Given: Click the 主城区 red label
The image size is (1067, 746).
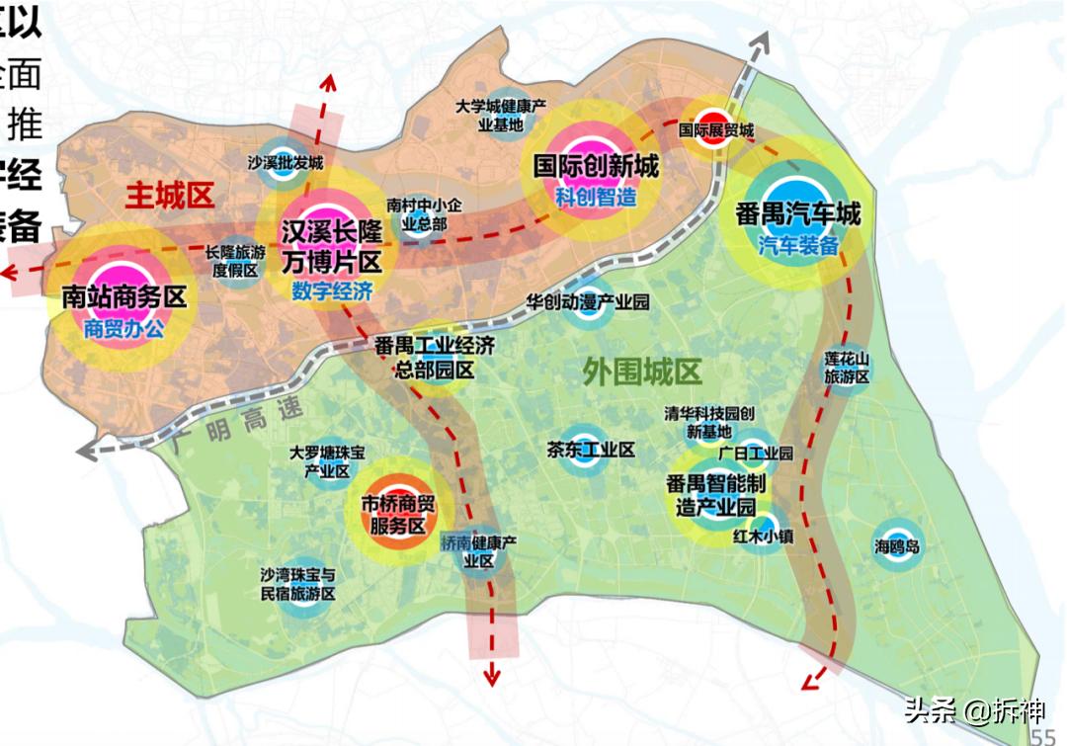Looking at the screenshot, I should pos(170,196).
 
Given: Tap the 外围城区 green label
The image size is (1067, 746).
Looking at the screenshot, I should pos(642,373).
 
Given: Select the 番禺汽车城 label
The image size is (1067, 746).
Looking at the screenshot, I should pos(797,213).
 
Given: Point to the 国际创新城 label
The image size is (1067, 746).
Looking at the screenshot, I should pos(596,165).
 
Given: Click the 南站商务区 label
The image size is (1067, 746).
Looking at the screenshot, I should pos(123,296).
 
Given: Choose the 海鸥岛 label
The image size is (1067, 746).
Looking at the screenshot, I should pos(897,546).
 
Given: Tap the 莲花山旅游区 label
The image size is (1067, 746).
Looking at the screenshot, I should pos(847,367).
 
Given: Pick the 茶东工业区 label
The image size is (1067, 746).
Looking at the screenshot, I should pos(591,451).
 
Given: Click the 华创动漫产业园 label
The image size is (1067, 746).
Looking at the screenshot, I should pos(587,301).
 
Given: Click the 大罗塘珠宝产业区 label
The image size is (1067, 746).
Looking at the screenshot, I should pos(327,461).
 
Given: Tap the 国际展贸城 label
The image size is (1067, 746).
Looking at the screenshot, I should pos(716,130).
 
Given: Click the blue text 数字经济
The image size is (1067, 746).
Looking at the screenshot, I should pos(332,291).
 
